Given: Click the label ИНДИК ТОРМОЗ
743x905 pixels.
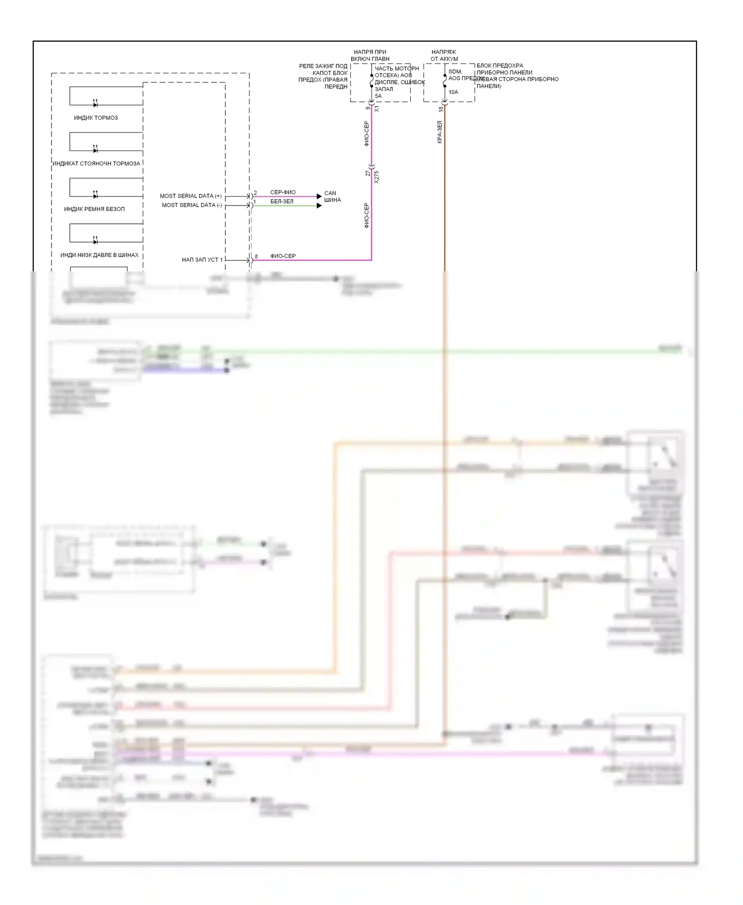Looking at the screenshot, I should pyautogui.click(x=96, y=118).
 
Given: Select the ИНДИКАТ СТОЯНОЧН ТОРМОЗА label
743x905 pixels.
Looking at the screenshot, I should pyautogui.click(x=96, y=163).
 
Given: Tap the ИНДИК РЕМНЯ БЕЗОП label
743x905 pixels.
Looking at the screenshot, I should pyautogui.click(x=94, y=209).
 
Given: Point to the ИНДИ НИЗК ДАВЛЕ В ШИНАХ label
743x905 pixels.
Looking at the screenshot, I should pyautogui.click(x=99, y=255).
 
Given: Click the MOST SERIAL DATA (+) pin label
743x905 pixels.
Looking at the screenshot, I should pyautogui.click(x=191, y=196).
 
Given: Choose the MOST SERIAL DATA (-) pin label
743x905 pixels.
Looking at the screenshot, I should pyautogui.click(x=192, y=205).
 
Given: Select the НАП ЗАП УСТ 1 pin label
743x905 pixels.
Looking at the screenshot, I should pyautogui.click(x=202, y=259).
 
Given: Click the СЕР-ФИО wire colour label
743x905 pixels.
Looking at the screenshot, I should pyautogui.click(x=283, y=192).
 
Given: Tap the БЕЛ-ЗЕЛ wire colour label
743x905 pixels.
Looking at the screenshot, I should pyautogui.click(x=282, y=201).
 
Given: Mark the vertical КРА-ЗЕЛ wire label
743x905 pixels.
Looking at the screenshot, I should pyautogui.click(x=439, y=132).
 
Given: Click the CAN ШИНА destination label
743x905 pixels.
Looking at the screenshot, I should pyautogui.click(x=332, y=197).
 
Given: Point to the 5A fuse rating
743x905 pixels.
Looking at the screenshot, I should pyautogui.click(x=378, y=96).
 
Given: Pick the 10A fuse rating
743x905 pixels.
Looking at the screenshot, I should pyautogui.click(x=453, y=92).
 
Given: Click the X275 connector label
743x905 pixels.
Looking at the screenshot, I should pyautogui.click(x=376, y=177).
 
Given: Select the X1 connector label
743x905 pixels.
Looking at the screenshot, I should pyautogui.click(x=376, y=108).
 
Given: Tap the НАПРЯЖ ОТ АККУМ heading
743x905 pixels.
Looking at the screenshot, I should pyautogui.click(x=444, y=55).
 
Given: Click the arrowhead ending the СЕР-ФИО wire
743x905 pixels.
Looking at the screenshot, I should pyautogui.click(x=319, y=197).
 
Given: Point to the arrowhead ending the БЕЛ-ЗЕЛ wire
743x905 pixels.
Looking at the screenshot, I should pyautogui.click(x=319, y=205).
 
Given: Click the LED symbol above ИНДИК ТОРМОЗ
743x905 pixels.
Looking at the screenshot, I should pyautogui.click(x=95, y=104).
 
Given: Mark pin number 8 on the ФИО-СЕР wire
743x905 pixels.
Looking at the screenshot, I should pyautogui.click(x=256, y=256).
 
